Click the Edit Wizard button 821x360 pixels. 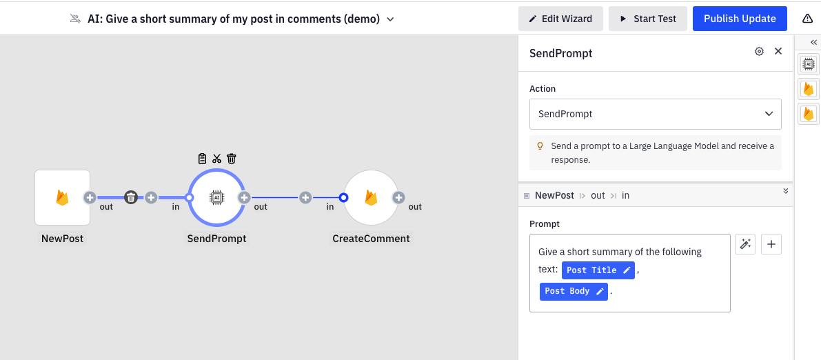pyautogui.click(x=560, y=19)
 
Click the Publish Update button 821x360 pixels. pyautogui.click(x=740, y=19)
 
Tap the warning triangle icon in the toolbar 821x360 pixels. pyautogui.click(x=807, y=19)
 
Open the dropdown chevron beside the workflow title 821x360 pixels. pyautogui.click(x=390, y=19)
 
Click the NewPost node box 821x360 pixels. pyautogui.click(x=62, y=198)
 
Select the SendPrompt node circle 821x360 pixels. pyautogui.click(x=216, y=198)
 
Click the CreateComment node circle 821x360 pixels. pyautogui.click(x=371, y=198)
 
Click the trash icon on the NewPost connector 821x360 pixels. pyautogui.click(x=130, y=198)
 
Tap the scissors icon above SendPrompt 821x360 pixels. pyautogui.click(x=216, y=159)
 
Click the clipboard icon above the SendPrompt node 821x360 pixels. pyautogui.click(x=202, y=159)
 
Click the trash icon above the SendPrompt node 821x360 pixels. pyautogui.click(x=232, y=159)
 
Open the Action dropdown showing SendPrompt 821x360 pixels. pyautogui.click(x=655, y=114)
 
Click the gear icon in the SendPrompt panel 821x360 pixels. pyautogui.click(x=759, y=52)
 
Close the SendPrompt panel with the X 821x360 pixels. pyautogui.click(x=778, y=52)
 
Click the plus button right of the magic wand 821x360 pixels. pyautogui.click(x=771, y=244)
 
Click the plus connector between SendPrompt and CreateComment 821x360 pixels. pyautogui.click(x=305, y=198)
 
